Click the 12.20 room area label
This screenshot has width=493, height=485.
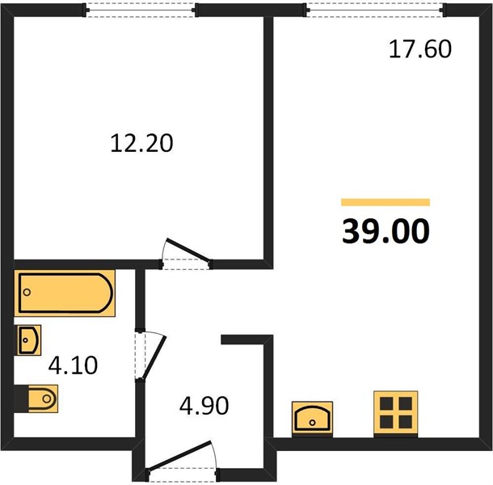(141, 143)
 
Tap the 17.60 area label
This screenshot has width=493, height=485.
(420, 49)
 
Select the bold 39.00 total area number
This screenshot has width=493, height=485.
(386, 231)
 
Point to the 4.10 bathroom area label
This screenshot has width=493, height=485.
(73, 365)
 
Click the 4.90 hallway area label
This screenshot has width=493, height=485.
(204, 406)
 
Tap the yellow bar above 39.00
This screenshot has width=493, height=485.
(386, 202)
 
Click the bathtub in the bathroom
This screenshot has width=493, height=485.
(65, 293)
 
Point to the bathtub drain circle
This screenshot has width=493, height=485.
(27, 292)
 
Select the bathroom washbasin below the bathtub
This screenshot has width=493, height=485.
(29, 340)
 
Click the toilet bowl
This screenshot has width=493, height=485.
(43, 399)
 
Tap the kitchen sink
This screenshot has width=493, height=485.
(312, 417)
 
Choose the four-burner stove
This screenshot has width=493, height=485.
(396, 413)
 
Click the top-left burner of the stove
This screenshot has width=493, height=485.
(386, 403)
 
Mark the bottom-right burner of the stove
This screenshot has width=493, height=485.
(406, 422)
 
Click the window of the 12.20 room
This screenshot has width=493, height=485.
(141, 10)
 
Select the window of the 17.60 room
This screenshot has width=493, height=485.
(375, 10)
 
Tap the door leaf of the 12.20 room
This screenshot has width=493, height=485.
(188, 250)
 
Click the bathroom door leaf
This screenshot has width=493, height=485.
(154, 357)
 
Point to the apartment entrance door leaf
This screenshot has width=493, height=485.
(179, 455)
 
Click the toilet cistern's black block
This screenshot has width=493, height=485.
(21, 399)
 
